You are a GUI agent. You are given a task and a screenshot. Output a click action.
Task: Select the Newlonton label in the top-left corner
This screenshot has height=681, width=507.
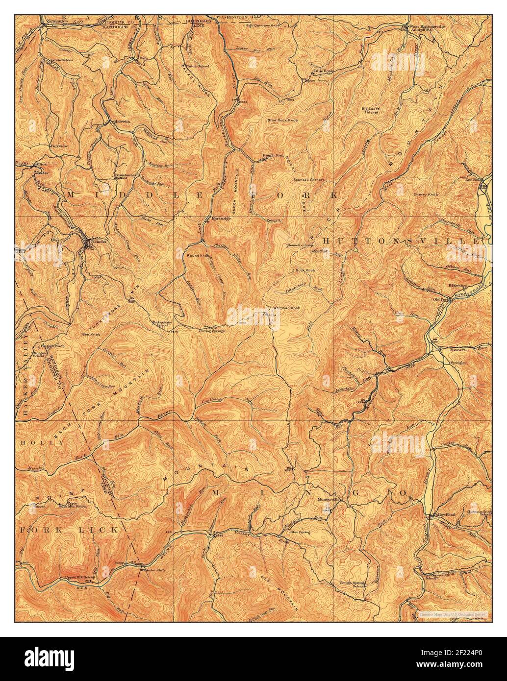click(53, 22)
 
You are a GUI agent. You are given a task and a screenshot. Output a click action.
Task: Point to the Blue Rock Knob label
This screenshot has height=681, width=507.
click(282, 120)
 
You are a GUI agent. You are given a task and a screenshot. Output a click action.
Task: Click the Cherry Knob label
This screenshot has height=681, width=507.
click(425, 195)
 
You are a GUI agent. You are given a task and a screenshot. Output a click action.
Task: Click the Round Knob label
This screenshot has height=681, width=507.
click(198, 256)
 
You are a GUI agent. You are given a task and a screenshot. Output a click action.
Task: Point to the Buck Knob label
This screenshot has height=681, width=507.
click(305, 270)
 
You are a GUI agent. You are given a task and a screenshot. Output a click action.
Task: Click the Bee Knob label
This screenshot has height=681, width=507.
click(91, 334)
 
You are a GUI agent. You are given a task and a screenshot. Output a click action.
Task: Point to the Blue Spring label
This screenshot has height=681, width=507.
click(301, 532)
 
